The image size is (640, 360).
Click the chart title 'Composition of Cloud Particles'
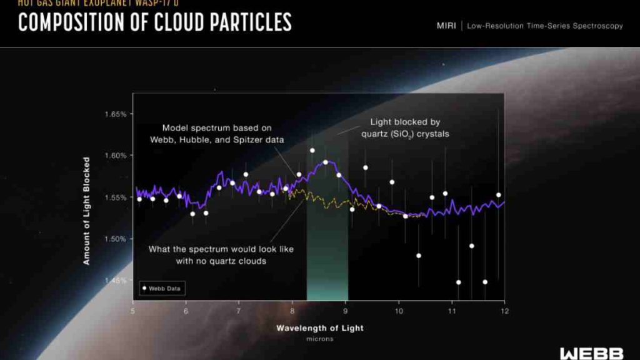click(154, 22)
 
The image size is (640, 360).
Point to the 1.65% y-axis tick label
click(116, 114)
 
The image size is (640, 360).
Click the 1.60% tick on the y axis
click(116, 156)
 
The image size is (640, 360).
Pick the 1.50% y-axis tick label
click(116, 239)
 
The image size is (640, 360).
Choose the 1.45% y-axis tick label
click(116, 280)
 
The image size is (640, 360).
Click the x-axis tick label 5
click(132, 311)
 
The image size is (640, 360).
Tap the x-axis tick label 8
click(292, 311)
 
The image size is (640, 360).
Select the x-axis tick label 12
click(503, 311)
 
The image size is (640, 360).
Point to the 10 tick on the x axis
click(397, 311)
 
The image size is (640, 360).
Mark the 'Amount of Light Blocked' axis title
click(87, 210)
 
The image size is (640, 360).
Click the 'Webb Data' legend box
click(162, 289)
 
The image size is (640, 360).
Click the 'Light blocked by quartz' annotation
click(409, 128)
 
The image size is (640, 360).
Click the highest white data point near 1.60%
click(312, 150)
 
